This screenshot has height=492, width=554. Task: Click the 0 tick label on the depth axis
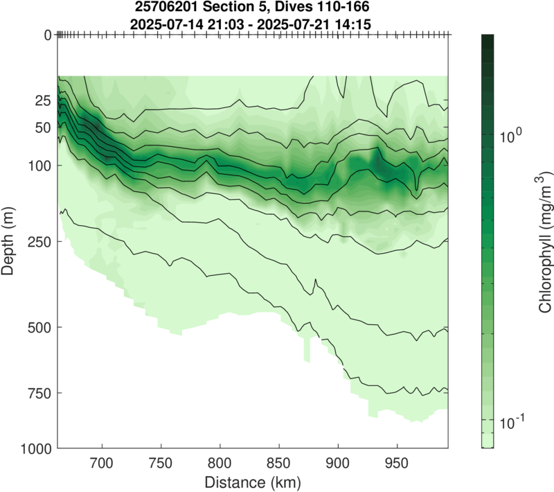click(x=47, y=35)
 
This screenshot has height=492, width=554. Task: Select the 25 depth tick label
click(x=43, y=101)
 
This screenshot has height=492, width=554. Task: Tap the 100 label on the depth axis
click(x=39, y=166)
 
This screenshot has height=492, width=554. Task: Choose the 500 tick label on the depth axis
click(x=39, y=326)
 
